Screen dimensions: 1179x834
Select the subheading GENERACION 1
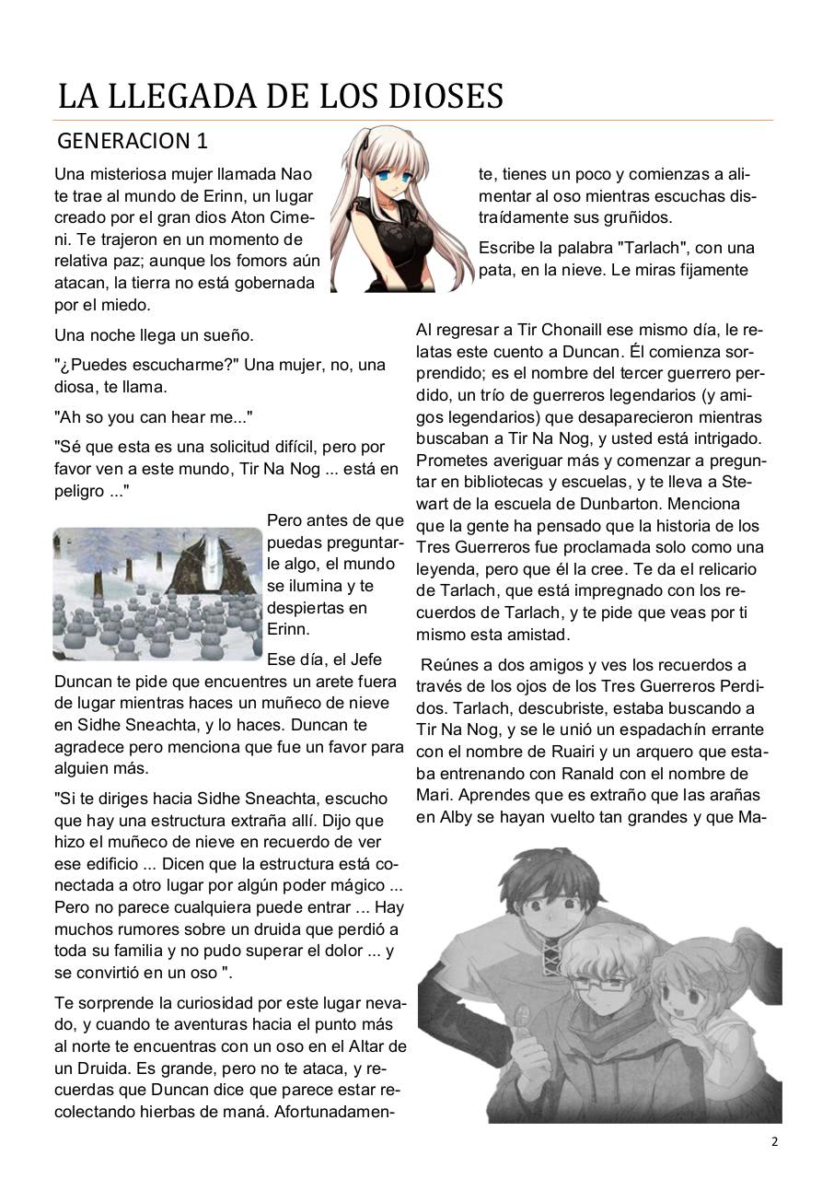coord(133,141)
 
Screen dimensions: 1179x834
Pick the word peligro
coord(79,491)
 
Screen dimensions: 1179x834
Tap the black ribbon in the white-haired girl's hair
coord(366,141)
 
